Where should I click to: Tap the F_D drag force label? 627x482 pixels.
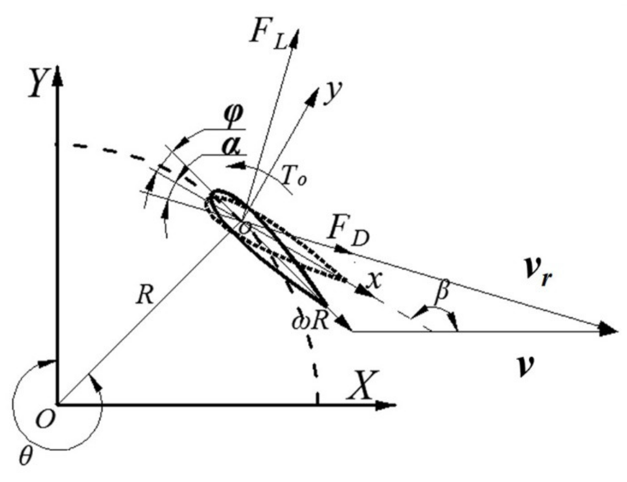click(348, 234)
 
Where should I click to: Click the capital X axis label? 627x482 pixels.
click(363, 386)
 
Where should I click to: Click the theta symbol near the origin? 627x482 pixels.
click(25, 456)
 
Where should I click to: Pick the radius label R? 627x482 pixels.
click(145, 295)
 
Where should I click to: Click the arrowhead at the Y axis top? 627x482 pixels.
click(58, 76)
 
